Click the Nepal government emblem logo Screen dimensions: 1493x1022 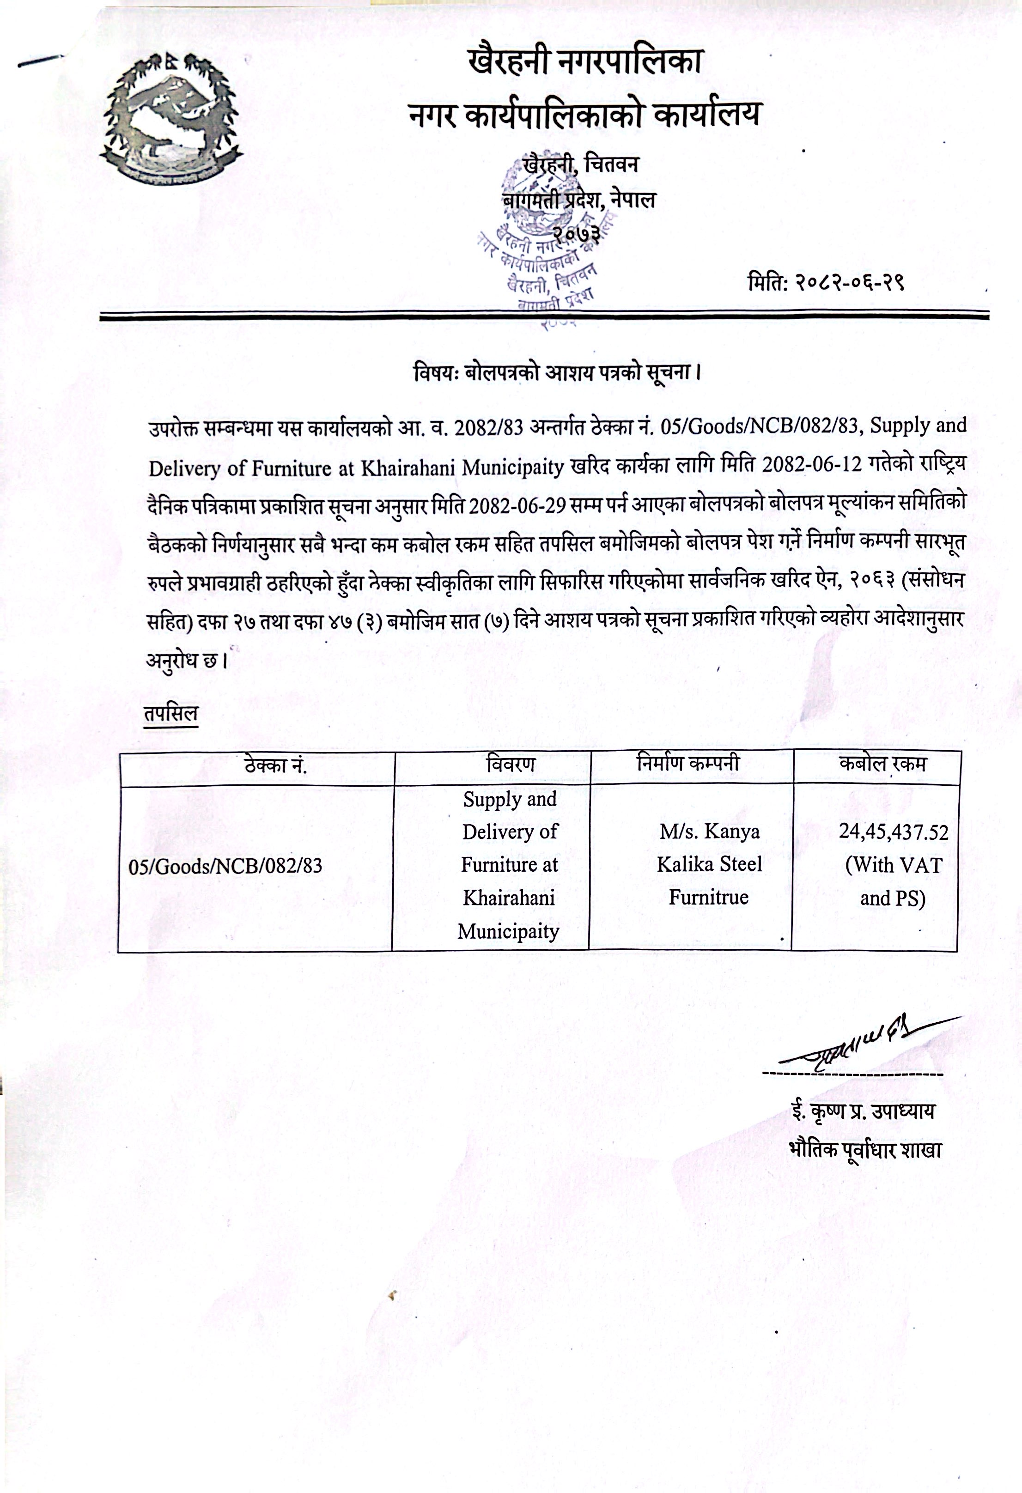coord(171,120)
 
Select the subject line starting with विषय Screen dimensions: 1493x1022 coord(556,373)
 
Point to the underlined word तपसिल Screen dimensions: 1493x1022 coord(171,714)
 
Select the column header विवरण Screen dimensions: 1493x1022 coord(511,765)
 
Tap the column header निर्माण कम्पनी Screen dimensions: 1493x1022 coord(688,763)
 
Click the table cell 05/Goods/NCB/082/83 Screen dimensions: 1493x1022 coord(225,866)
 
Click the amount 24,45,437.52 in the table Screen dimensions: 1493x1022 coord(893,832)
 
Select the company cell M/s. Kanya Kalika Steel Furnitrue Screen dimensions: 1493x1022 coord(709,864)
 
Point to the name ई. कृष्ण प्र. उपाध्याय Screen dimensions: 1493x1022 coord(864,1111)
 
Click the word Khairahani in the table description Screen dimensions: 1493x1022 coord(509,898)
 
